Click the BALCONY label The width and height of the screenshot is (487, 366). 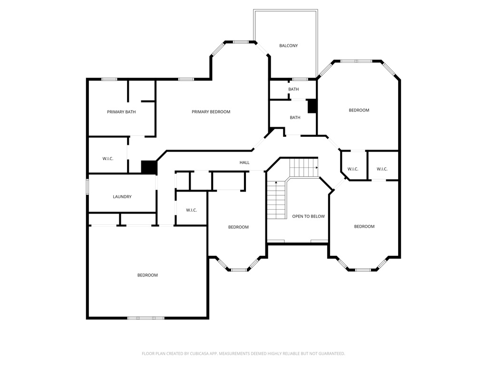point(288,46)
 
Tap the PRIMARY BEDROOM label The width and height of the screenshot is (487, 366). point(211,112)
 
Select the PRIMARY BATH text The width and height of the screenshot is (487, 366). point(121,112)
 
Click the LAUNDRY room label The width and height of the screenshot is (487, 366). point(122,197)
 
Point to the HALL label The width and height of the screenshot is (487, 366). point(244,163)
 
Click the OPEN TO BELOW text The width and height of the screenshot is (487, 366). point(308,216)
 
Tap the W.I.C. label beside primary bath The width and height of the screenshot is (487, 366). point(108,159)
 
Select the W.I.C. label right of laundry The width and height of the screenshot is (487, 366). point(191,210)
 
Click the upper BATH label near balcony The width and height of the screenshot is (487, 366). point(293,89)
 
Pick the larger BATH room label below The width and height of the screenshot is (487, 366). point(295,118)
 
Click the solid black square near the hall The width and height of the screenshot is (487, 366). point(149,167)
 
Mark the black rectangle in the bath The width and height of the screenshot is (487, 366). point(312,106)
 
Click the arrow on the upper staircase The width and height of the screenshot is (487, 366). point(317,167)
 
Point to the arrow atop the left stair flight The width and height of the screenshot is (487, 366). point(276,183)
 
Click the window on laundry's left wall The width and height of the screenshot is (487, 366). point(88,187)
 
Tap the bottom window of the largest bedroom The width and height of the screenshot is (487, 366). point(146,318)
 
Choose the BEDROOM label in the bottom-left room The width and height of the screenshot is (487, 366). point(147,275)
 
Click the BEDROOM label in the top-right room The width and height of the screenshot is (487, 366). point(359,110)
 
